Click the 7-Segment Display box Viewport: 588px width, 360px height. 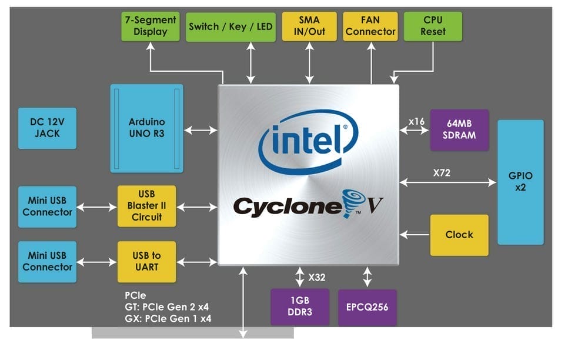[151, 26]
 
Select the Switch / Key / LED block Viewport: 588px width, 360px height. [230, 26]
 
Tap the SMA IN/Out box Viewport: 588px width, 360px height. [309, 26]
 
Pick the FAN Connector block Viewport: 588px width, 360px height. [370, 26]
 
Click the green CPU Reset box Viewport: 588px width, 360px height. [433, 26]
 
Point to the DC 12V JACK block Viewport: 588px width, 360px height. [47, 128]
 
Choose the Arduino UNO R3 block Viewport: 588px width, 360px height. [146, 128]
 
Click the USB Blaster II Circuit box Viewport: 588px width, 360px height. [146, 206]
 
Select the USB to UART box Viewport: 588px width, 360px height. [146, 261]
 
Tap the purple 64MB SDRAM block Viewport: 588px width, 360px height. [459, 129]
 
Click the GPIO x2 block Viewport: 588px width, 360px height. [520, 182]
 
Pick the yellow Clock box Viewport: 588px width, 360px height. [459, 235]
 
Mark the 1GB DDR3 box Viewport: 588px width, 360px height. [300, 307]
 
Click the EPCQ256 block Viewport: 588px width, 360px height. [367, 307]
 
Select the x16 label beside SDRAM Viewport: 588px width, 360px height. [417, 122]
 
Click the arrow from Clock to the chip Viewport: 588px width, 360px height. [414, 235]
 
